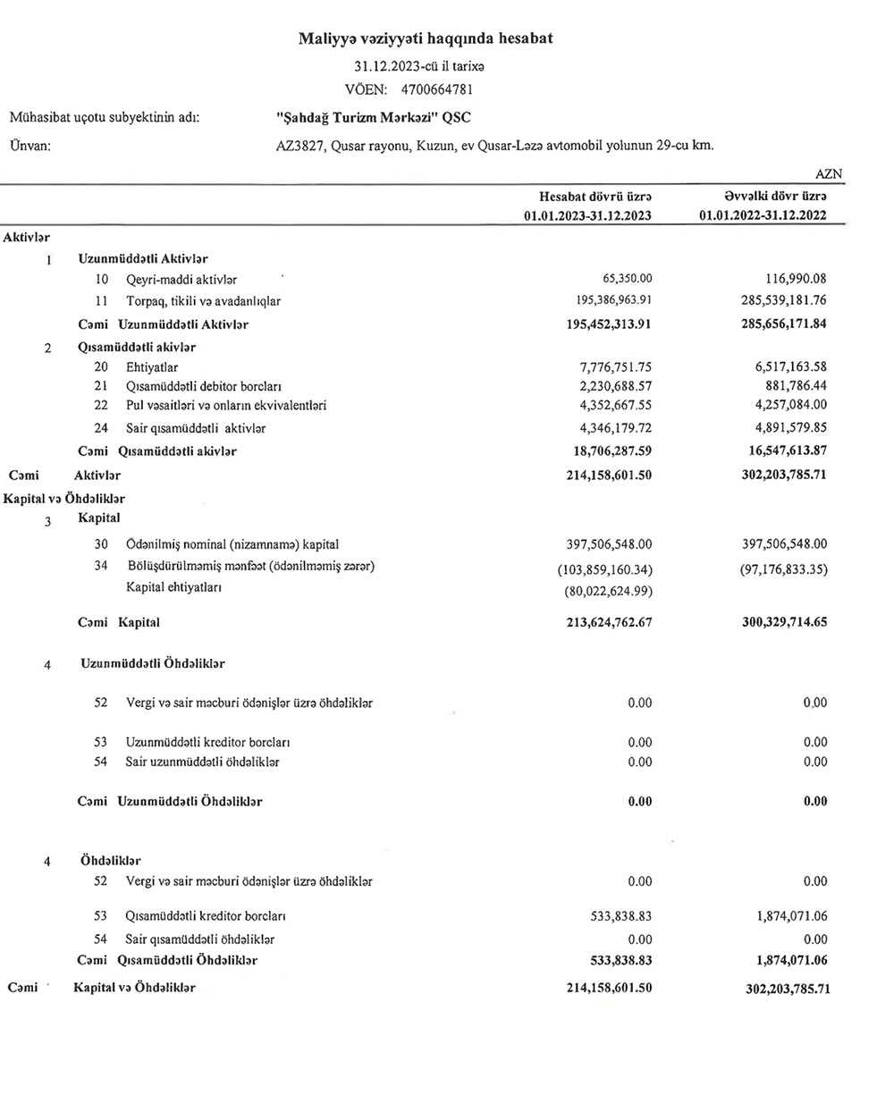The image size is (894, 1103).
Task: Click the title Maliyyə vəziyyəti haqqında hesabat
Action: [425, 38]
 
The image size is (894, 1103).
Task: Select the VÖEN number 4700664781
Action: [437, 89]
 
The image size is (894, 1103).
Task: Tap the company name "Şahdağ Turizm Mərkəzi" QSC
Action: [374, 118]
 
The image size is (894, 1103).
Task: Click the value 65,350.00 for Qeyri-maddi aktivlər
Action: [628, 280]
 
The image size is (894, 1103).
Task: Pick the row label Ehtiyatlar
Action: [152, 367]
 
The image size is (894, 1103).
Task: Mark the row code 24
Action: [101, 428]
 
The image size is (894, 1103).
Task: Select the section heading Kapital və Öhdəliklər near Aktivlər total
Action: [64, 499]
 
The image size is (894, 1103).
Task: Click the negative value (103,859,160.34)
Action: [604, 568]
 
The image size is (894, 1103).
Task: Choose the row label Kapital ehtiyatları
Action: [173, 587]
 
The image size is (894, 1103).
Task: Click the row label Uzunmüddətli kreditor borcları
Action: [207, 742]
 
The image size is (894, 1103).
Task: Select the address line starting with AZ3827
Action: [494, 145]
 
